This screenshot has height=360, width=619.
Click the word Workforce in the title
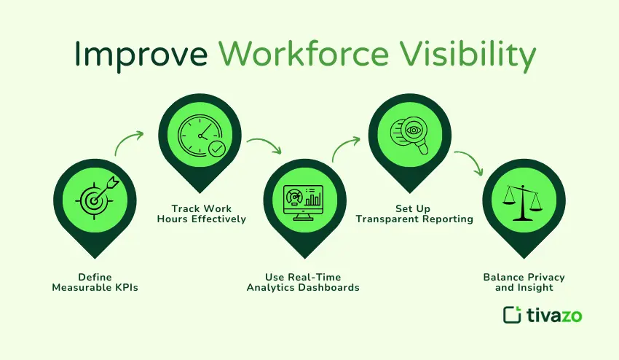(x=304, y=56)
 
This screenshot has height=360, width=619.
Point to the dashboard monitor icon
(x=303, y=200)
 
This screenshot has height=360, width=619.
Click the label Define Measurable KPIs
(x=95, y=282)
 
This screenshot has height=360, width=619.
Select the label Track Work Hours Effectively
(x=202, y=214)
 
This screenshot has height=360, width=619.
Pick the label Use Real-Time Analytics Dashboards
(x=303, y=282)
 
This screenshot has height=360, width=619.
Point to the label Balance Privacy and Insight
(x=524, y=282)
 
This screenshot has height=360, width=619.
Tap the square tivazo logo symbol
(x=513, y=315)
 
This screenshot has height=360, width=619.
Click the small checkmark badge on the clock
(x=216, y=149)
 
